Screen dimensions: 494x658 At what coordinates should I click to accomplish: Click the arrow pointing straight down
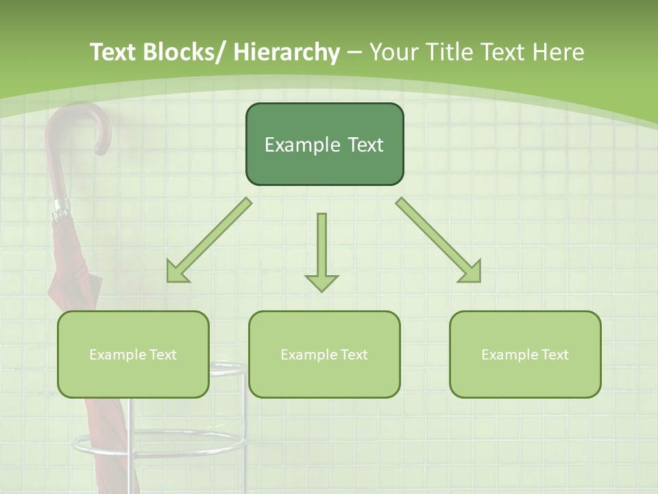pos(321,250)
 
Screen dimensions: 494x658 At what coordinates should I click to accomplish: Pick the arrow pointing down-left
pos(209,240)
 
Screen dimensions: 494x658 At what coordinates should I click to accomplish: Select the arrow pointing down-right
pos(439,240)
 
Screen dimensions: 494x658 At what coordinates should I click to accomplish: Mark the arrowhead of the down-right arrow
pos(471,272)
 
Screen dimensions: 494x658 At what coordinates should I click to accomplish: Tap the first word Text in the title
pos(112,52)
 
